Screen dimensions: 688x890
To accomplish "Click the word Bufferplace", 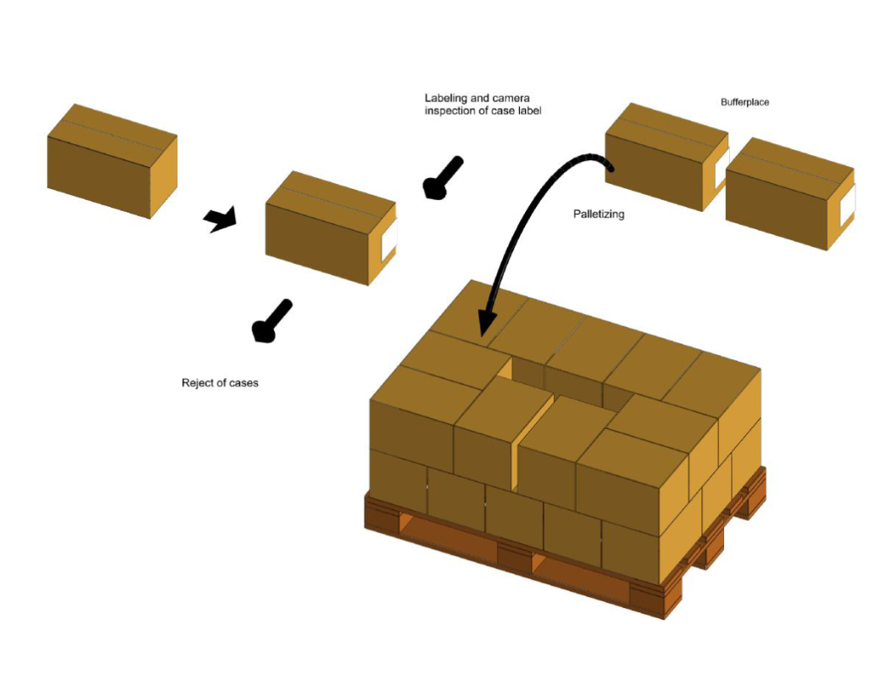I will (x=744, y=102).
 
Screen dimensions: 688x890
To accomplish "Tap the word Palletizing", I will (x=598, y=214).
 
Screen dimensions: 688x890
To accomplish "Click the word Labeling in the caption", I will (x=446, y=99).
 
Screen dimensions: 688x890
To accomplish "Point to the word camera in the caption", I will (x=510, y=99).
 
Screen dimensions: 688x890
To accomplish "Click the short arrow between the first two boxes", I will (x=220, y=221).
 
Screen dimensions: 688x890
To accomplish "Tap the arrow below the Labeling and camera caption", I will (x=443, y=178).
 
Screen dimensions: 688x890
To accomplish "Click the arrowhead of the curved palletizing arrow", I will (x=487, y=324).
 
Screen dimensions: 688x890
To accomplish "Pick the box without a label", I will (x=112, y=160).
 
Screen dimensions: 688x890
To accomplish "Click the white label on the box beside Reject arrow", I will (x=389, y=242).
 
